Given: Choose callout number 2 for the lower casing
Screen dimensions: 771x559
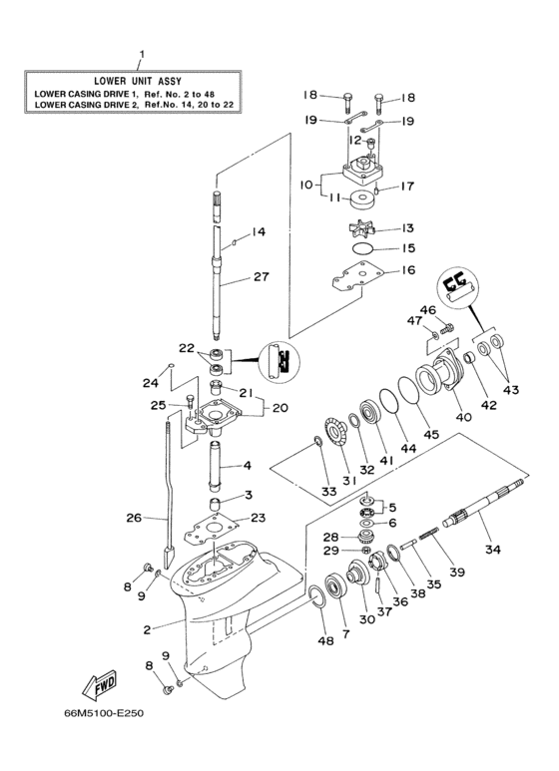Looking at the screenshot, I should tap(148, 629).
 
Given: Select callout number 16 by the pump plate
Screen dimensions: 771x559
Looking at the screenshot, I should tap(407, 270).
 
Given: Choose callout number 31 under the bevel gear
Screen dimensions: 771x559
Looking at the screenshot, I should tap(350, 482).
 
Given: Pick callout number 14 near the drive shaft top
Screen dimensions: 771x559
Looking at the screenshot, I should tap(259, 232).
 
